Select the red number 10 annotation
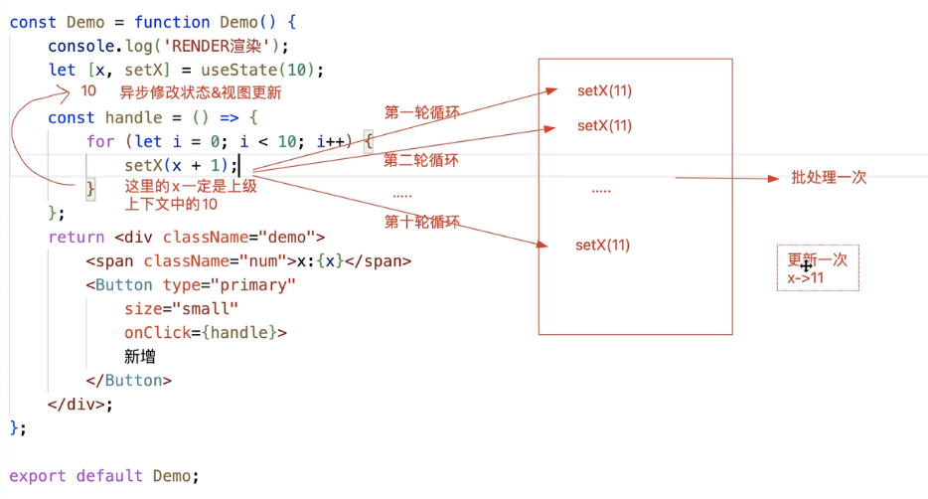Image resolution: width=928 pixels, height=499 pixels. point(88,91)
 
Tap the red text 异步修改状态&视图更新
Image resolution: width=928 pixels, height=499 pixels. point(201,92)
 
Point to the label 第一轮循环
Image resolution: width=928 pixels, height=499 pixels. point(421,112)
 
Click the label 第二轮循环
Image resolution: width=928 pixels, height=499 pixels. point(421,160)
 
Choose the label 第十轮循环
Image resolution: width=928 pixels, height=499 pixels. point(422,222)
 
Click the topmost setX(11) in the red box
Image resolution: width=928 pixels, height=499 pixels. point(604,91)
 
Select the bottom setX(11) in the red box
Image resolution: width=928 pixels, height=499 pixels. point(603,245)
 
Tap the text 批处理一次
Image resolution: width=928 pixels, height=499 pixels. point(829,177)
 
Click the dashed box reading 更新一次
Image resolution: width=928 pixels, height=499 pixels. point(818,268)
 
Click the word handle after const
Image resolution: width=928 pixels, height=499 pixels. point(133,117)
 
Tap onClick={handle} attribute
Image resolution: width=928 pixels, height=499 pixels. point(205,333)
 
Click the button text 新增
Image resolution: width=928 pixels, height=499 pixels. point(140,357)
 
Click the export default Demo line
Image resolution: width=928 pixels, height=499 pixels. point(104,475)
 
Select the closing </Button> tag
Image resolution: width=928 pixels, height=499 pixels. point(128,381)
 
